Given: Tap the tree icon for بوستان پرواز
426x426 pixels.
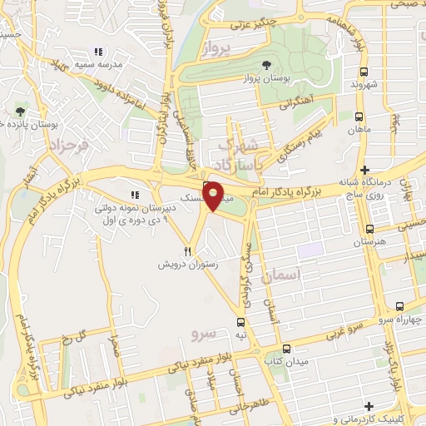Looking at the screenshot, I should pyautogui.click(x=265, y=65).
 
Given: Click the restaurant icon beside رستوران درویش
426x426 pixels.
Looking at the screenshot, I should pyautogui.click(x=188, y=250).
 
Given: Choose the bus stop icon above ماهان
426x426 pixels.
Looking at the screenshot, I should pyautogui.click(x=359, y=116).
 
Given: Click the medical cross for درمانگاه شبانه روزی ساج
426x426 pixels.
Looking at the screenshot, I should pyautogui.click(x=364, y=169).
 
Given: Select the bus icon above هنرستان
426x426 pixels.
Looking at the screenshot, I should pyautogui.click(x=369, y=228).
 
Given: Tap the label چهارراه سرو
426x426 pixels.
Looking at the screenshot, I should pyautogui.click(x=399, y=319).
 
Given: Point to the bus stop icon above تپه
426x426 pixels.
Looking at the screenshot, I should pyautogui.click(x=240, y=321).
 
